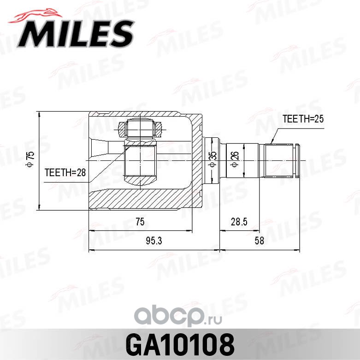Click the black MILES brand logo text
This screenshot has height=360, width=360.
tap(76, 34)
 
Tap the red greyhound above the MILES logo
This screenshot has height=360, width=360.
tap(35, 16)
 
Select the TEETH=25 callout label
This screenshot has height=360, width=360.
tap(303, 119)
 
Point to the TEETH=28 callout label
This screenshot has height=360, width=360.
tap(65, 172)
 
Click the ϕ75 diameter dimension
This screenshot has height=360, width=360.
tap(30, 159)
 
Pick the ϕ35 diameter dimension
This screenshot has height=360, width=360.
tap(213, 159)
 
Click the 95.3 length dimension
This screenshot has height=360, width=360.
tap(154, 241)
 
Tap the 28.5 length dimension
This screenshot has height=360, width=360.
tap(239, 222)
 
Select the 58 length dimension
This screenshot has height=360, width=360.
tap(260, 241)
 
